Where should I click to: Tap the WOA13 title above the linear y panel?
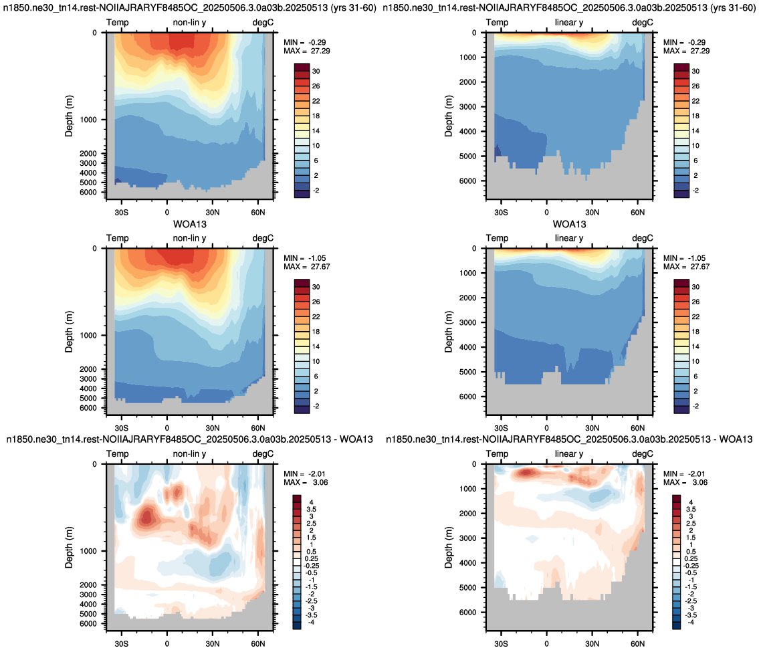pyautogui.click(x=569, y=224)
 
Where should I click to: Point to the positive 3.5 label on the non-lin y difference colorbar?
pyautogui.click(x=311, y=509)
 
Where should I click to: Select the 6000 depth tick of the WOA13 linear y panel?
pyautogui.click(x=467, y=397)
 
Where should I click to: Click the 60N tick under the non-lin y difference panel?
pyautogui.click(x=258, y=644)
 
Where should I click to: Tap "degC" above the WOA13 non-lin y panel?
pyautogui.click(x=263, y=238)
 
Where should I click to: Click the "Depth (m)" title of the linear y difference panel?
pyautogui.click(x=448, y=547)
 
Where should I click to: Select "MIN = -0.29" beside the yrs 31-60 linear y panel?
pyautogui.click(x=685, y=42)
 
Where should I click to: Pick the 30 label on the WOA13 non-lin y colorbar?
pyautogui.click(x=316, y=286)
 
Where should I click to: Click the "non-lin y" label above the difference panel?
pyautogui.click(x=189, y=454)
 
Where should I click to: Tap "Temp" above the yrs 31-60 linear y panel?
pyautogui.click(x=497, y=22)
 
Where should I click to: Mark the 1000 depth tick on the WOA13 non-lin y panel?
pyautogui.click(x=88, y=335)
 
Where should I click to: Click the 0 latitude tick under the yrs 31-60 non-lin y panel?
pyautogui.click(x=167, y=212)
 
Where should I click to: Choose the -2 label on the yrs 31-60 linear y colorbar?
pyautogui.click(x=695, y=190)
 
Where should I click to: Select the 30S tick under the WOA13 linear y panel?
pyautogui.click(x=501, y=428)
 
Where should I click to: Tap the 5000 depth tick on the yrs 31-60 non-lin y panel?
pyautogui.click(x=88, y=183)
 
